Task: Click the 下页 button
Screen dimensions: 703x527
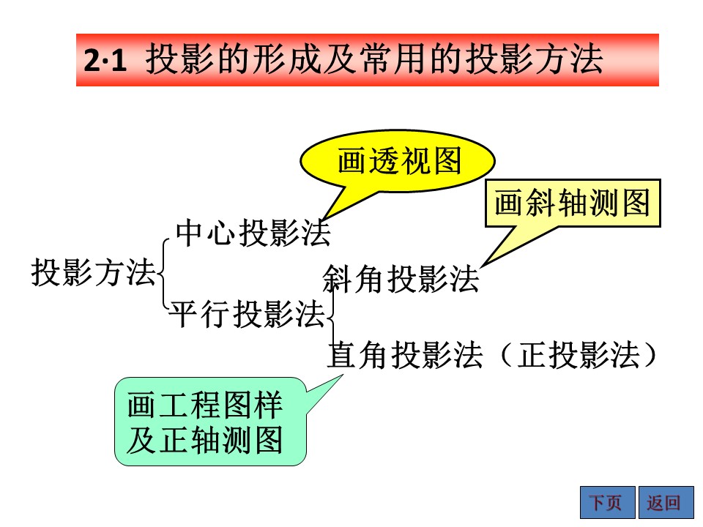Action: pyautogui.click(x=608, y=502)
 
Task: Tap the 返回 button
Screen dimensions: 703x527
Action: pyautogui.click(x=666, y=502)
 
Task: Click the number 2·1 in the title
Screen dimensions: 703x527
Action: pyautogui.click(x=105, y=60)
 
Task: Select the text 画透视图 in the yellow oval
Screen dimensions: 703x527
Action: pyautogui.click(x=399, y=160)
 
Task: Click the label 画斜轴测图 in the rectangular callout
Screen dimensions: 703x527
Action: pyautogui.click(x=573, y=203)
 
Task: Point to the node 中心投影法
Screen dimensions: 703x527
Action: pyautogui.click(x=253, y=233)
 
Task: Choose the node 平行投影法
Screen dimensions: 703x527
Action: pyautogui.click(x=247, y=313)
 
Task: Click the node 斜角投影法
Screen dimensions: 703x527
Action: pyautogui.click(x=401, y=279)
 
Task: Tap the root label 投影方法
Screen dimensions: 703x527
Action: pyautogui.click(x=93, y=272)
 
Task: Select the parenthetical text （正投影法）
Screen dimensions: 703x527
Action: pyautogui.click(x=579, y=355)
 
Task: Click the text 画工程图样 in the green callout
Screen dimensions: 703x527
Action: pyautogui.click(x=205, y=405)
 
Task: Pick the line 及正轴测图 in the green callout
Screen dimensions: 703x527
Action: pyautogui.click(x=205, y=440)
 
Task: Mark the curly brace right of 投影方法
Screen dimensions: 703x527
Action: pyautogui.click(x=160, y=273)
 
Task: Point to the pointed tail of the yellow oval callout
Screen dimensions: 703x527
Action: pyautogui.click(x=324, y=219)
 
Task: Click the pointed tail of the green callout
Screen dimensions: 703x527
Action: pyautogui.click(x=342, y=375)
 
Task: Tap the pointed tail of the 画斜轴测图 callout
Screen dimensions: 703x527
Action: pyautogui.click(x=483, y=265)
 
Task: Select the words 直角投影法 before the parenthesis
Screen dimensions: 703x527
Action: pyautogui.click(x=405, y=355)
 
